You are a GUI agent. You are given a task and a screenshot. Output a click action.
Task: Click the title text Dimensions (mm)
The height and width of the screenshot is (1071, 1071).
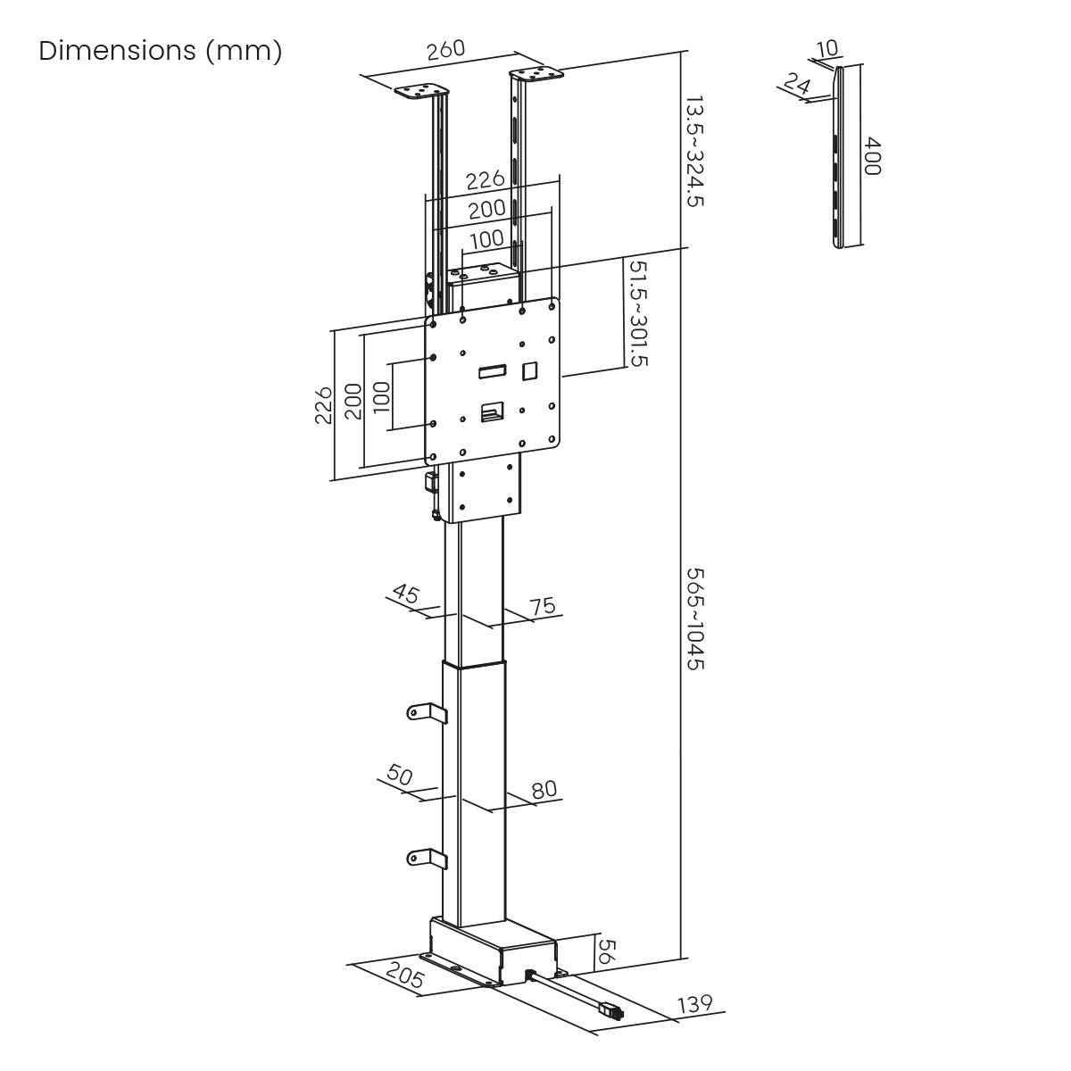[161, 51]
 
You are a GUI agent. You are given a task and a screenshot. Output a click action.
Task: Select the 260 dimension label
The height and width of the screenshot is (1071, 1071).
[445, 50]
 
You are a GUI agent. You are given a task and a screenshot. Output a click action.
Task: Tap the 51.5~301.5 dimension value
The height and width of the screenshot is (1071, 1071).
[638, 313]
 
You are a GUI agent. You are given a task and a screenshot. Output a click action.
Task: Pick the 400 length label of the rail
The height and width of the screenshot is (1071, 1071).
[873, 156]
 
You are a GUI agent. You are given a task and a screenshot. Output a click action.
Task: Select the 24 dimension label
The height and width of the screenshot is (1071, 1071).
[796, 83]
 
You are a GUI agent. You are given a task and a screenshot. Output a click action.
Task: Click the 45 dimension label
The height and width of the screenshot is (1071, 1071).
[406, 594]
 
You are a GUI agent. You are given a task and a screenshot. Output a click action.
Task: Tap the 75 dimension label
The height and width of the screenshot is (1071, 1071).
[542, 606]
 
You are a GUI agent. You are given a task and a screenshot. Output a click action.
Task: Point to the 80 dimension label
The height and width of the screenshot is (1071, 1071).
[544, 789]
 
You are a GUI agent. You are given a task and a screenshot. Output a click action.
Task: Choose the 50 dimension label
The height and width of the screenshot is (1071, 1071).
[400, 775]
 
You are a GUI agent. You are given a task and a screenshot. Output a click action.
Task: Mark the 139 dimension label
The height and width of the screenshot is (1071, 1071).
[695, 1005]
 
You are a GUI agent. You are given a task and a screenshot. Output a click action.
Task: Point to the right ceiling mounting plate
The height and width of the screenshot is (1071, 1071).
[536, 75]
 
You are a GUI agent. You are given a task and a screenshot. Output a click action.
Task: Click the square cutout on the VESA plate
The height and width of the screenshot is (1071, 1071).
[530, 368]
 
